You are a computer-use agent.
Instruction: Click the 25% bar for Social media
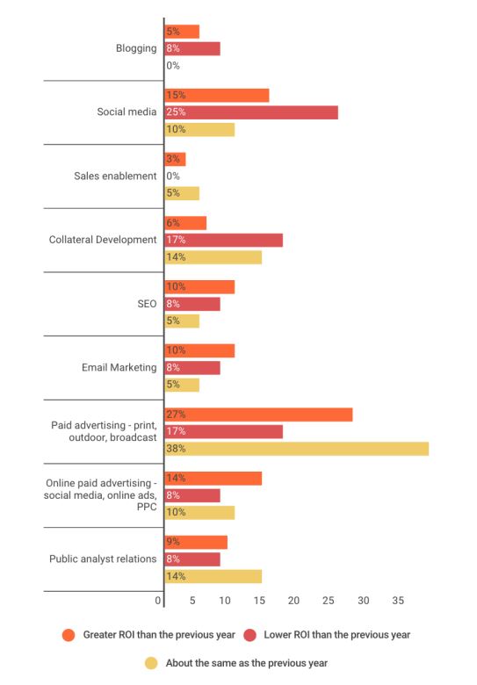click(x=251, y=112)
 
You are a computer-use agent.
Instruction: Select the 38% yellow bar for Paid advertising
click(x=297, y=449)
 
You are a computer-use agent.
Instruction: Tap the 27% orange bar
click(x=258, y=415)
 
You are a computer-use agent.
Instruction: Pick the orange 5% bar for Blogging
click(x=182, y=32)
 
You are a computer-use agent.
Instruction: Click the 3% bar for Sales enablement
click(x=175, y=159)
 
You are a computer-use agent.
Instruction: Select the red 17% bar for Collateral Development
click(x=224, y=240)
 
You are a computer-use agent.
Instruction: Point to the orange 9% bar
click(x=196, y=542)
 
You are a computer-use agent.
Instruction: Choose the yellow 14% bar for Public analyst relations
click(x=213, y=576)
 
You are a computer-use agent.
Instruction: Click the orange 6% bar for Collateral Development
click(x=185, y=223)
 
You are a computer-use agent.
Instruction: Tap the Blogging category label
click(x=136, y=48)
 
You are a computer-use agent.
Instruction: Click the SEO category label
click(x=147, y=304)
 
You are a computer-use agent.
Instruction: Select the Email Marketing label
click(x=119, y=367)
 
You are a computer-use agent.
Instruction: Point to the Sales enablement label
click(x=115, y=176)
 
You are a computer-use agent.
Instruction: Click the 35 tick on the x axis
click(x=398, y=601)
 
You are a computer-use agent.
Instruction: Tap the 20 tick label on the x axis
click(x=293, y=601)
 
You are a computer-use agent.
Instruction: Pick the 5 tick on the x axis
click(x=192, y=601)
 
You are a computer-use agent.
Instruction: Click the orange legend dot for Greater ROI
click(x=69, y=635)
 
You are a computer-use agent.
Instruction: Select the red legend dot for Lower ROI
click(x=249, y=635)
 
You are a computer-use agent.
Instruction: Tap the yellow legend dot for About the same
click(x=151, y=663)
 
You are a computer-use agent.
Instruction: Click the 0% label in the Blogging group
click(x=173, y=66)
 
